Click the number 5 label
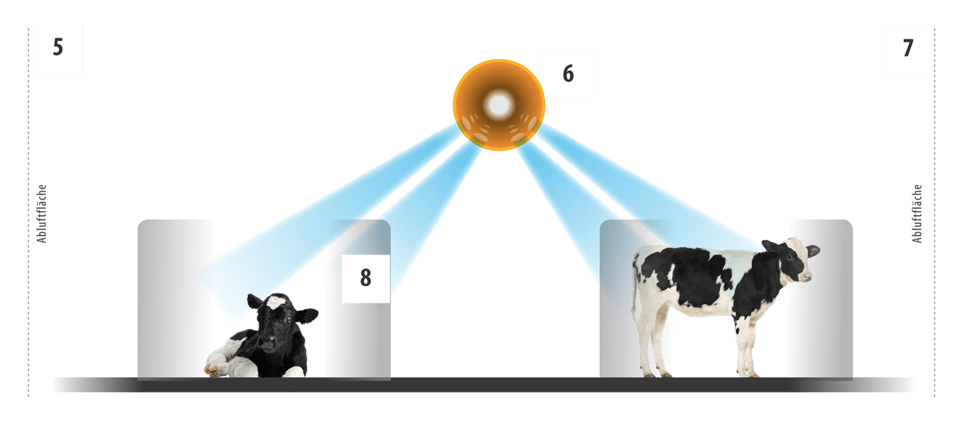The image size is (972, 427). pos(58,47)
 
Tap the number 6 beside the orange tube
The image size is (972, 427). pos(568,74)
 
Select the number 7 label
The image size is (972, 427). pos(908,48)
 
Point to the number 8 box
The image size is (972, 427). pos(365,278)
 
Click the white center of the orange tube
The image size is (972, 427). pos(499,105)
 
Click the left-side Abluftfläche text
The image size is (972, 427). pos(41,214)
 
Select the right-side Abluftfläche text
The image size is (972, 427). pos(916,214)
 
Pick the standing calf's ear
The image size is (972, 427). pos(812,251)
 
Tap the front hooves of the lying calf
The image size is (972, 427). pos(212,369)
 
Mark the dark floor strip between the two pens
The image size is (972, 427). pos(495,385)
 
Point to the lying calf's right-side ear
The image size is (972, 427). pos(307,315)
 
